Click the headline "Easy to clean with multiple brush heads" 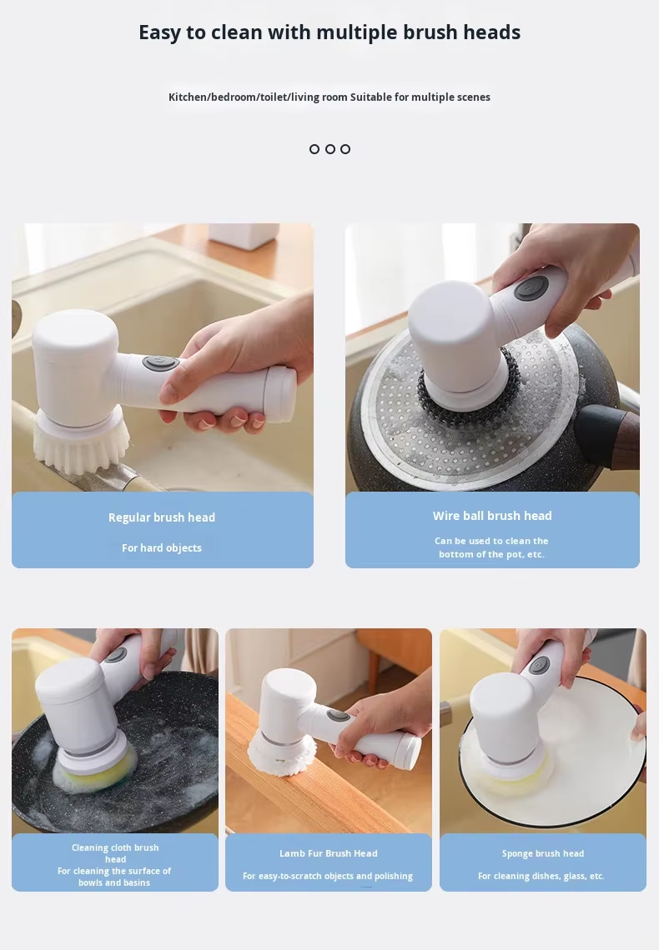(329, 32)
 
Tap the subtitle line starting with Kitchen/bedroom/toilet (329, 97)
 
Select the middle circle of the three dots (329, 149)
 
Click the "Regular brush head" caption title (162, 517)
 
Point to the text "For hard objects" (162, 547)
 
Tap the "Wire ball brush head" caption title (492, 516)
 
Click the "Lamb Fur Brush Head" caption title (329, 853)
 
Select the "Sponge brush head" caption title (543, 853)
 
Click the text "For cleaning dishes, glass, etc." (541, 876)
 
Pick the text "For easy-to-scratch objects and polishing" (328, 876)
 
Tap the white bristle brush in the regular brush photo (81, 445)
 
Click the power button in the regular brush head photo (161, 363)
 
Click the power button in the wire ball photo (531, 288)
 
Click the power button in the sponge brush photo (539, 665)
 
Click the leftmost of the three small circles (314, 149)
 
